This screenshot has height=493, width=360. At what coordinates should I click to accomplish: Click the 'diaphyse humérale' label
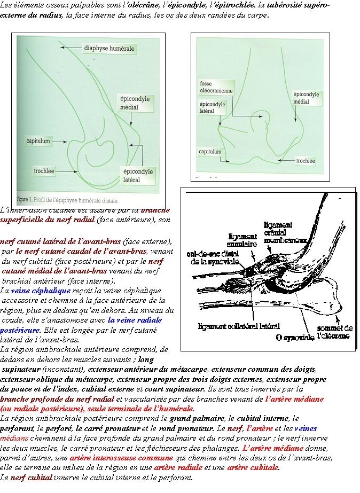[x=109, y=49]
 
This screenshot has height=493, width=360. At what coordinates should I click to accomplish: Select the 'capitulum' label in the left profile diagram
[x=38, y=142]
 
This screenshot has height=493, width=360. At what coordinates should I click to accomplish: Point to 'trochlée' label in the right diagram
[x=305, y=160]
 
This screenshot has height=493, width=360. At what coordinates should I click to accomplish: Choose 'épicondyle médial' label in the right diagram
[x=306, y=98]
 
